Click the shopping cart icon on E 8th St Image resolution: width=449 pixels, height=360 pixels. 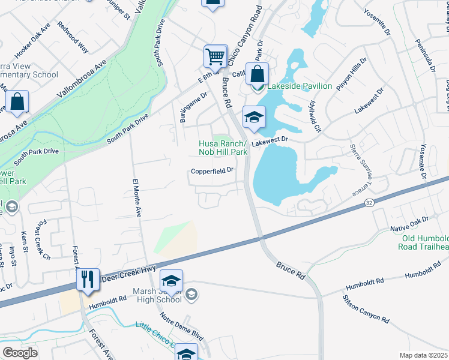pyautogui.click(x=215, y=57)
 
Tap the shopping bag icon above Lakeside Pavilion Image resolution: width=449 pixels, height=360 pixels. pyautogui.click(x=257, y=74)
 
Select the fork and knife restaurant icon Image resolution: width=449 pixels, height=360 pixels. pyautogui.click(x=88, y=280)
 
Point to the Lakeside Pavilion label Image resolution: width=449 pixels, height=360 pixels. pyautogui.click(x=300, y=86)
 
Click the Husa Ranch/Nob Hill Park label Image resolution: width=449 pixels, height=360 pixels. pyautogui.click(x=222, y=148)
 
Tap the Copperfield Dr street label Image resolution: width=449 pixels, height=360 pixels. pyautogui.click(x=211, y=171)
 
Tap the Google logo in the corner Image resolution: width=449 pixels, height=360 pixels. pyautogui.click(x=20, y=353)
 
